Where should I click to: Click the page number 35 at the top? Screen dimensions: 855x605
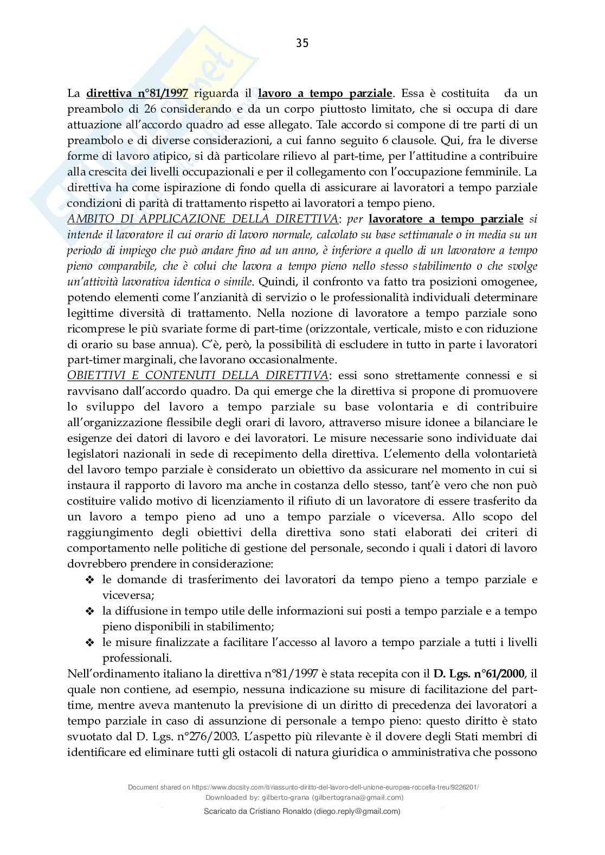click(x=302, y=44)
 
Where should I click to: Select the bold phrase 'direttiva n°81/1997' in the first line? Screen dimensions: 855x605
click(x=137, y=93)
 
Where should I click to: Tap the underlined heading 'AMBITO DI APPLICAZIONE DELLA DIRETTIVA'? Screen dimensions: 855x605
click(x=202, y=219)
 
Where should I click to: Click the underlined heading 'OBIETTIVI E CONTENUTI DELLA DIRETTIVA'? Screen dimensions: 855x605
click(x=197, y=375)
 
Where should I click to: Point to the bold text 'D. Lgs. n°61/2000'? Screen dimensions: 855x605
click(x=479, y=674)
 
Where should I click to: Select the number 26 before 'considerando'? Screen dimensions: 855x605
click(x=151, y=109)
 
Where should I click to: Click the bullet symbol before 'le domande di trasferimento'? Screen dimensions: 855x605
click(x=89, y=580)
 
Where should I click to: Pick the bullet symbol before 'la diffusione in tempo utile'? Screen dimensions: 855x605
click(x=89, y=612)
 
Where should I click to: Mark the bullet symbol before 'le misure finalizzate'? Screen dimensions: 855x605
click(x=89, y=643)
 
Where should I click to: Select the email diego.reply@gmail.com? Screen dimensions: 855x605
click(x=357, y=811)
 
